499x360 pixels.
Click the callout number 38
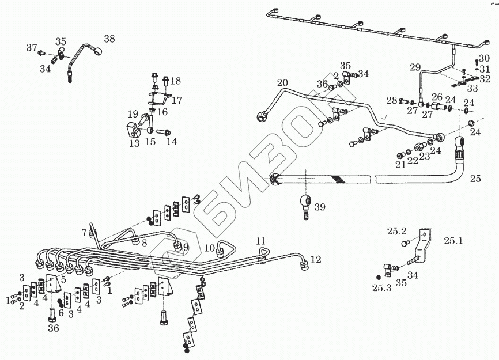pyautogui.click(x=109, y=39)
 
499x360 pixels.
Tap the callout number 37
pyautogui.click(x=32, y=47)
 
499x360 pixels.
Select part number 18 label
pyautogui.click(x=175, y=81)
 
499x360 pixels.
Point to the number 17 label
pyautogui.click(x=176, y=100)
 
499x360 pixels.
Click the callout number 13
pyautogui.click(x=134, y=143)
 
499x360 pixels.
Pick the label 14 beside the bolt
pyautogui.click(x=172, y=141)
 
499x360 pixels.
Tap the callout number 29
pyautogui.click(x=415, y=67)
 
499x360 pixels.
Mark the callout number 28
pyautogui.click(x=392, y=101)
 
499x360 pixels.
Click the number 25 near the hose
pyautogui.click(x=475, y=179)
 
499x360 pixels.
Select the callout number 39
pyautogui.click(x=320, y=207)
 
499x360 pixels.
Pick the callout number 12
pyautogui.click(x=315, y=260)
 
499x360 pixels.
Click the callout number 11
pyautogui.click(x=260, y=240)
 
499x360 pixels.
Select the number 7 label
pyautogui.click(x=84, y=232)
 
